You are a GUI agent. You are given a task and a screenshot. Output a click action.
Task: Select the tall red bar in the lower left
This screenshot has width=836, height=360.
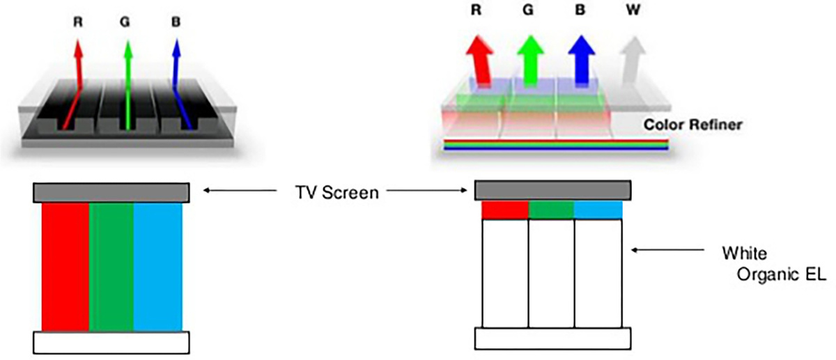click(x=65, y=267)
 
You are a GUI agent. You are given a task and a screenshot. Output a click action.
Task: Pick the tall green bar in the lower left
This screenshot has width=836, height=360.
click(x=111, y=267)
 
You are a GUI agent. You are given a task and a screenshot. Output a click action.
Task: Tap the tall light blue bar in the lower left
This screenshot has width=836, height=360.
click(x=157, y=267)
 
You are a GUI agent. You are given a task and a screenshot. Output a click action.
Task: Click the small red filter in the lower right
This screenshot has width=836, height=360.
click(x=505, y=210)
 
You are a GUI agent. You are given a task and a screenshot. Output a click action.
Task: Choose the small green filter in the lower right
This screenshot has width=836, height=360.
click(x=552, y=210)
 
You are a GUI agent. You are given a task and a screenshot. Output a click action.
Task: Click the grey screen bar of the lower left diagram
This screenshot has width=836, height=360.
click(x=111, y=193)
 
